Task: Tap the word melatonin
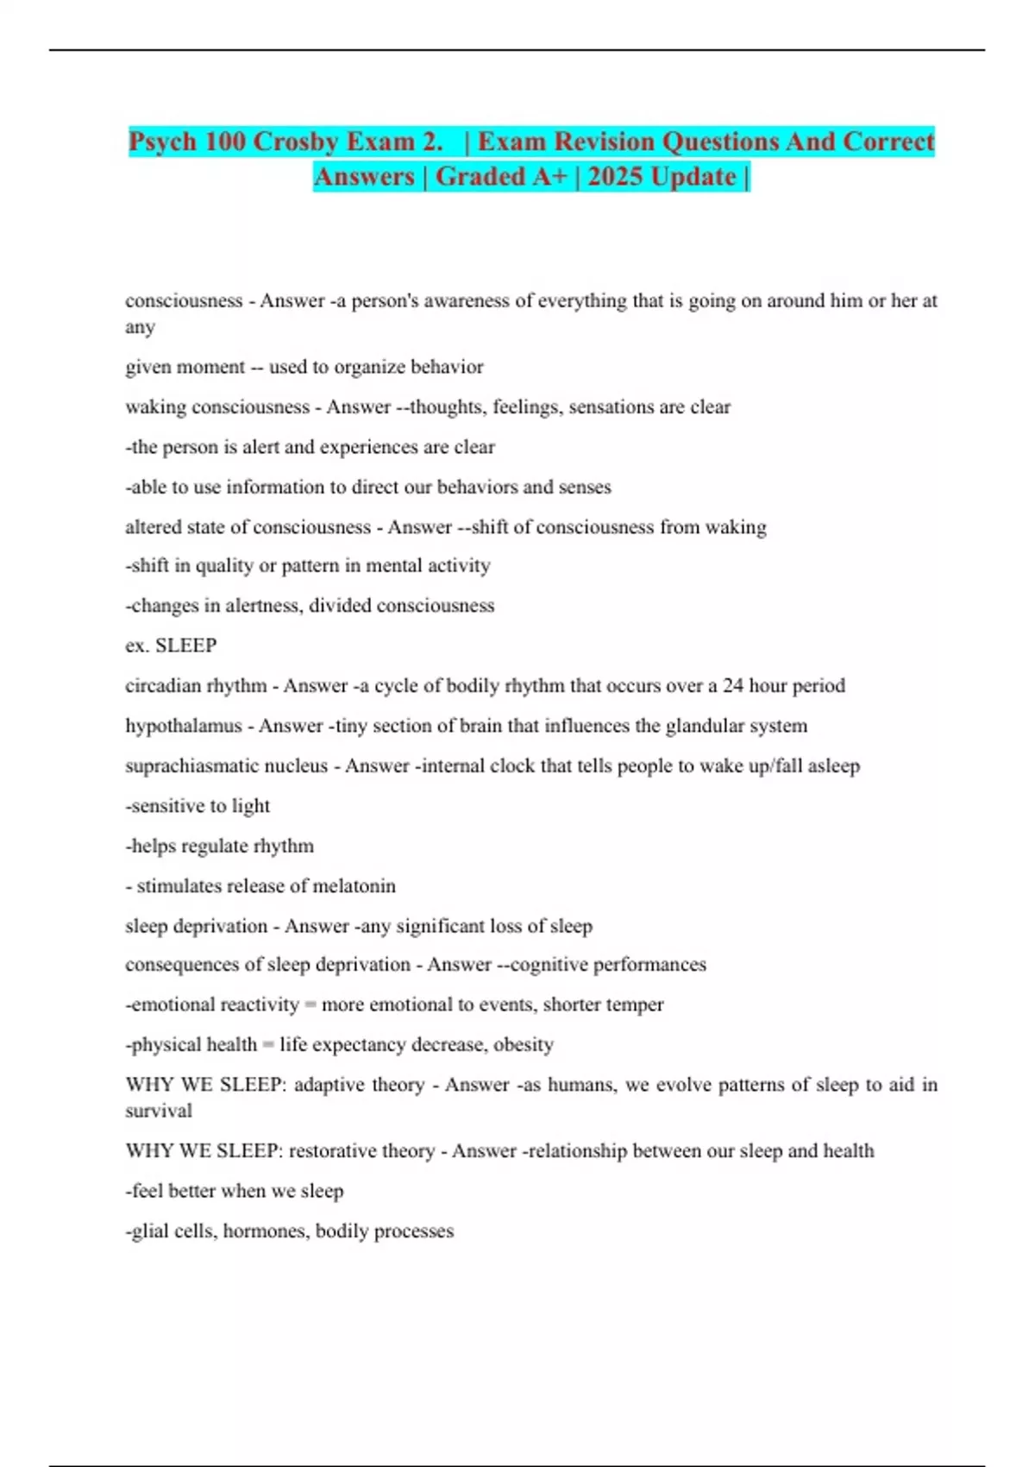(x=354, y=886)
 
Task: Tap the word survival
(x=159, y=1111)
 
